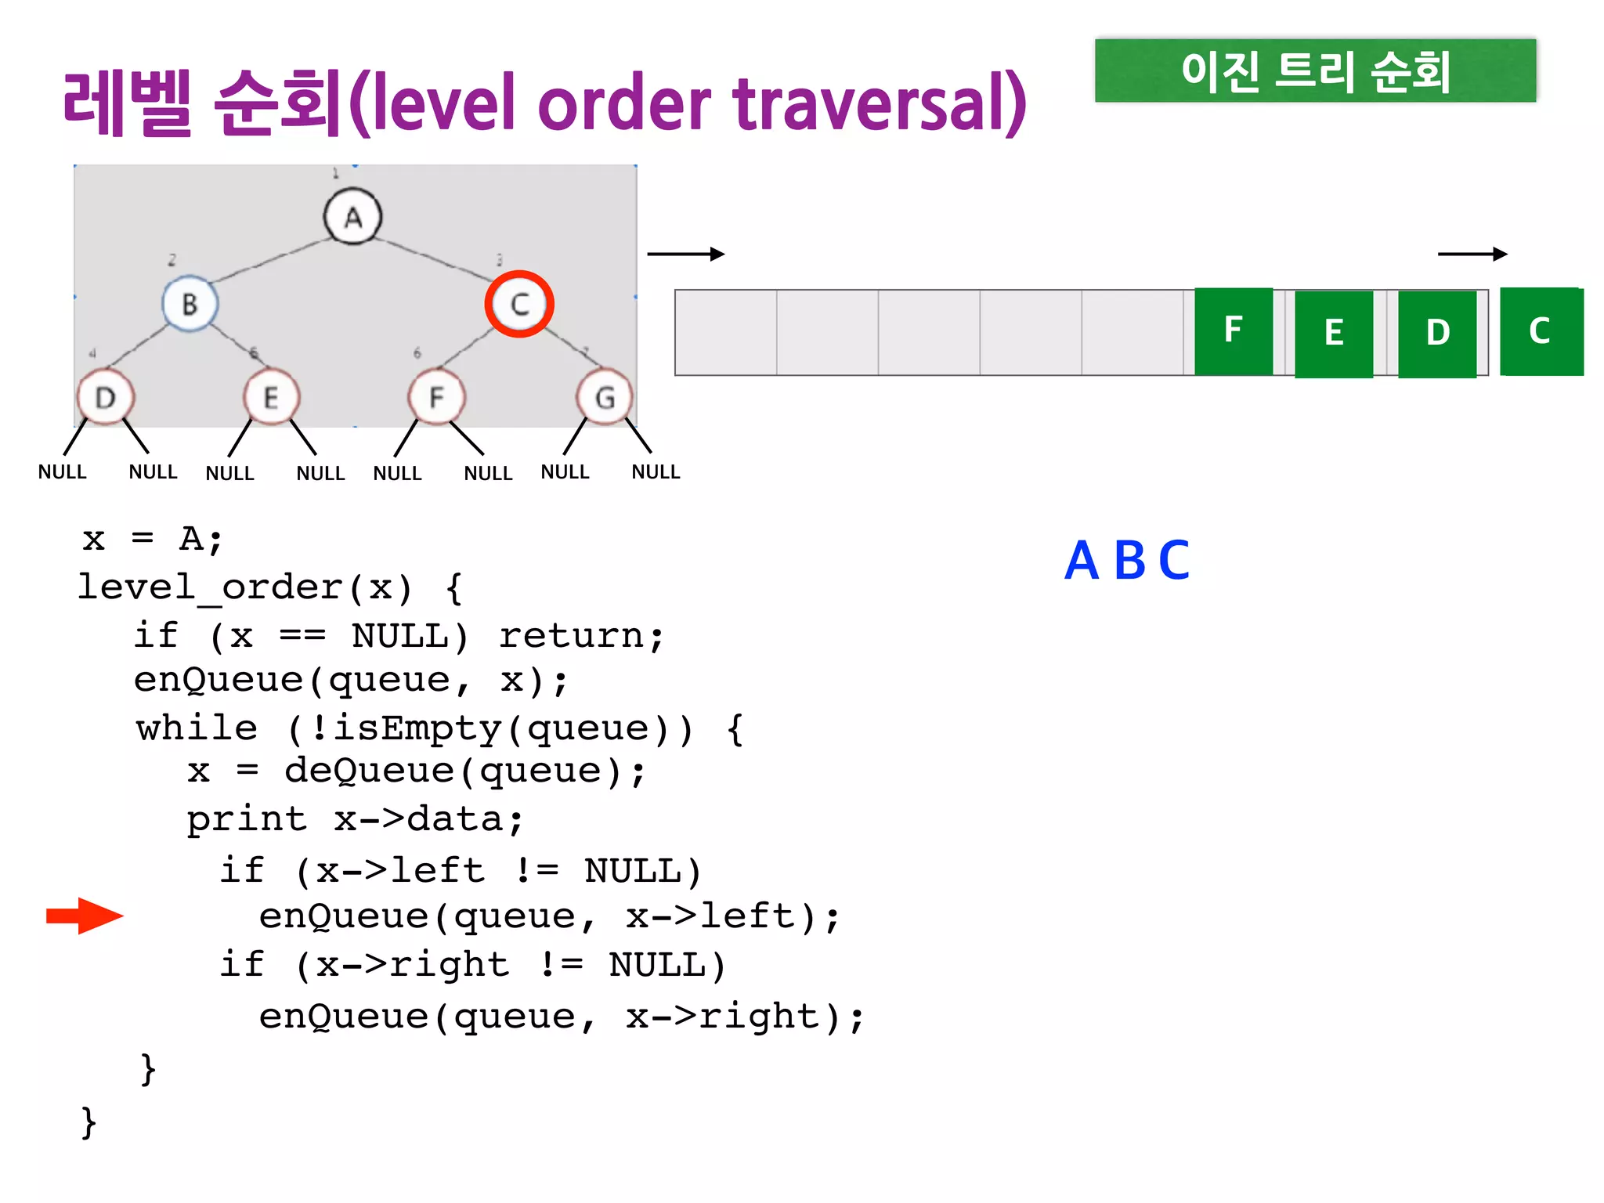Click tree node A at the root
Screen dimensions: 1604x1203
pyautogui.click(x=353, y=217)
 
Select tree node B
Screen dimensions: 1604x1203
pyautogui.click(x=190, y=304)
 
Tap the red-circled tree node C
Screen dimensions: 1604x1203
pyautogui.click(x=519, y=304)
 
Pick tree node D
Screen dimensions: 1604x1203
pyautogui.click(x=106, y=397)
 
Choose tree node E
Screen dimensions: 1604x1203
pyautogui.click(x=271, y=397)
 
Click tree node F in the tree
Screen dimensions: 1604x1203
pyautogui.click(x=436, y=397)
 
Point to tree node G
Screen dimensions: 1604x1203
pyautogui.click(x=604, y=397)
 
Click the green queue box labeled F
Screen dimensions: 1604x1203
pyautogui.click(x=1234, y=331)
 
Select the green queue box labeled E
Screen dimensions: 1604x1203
pyautogui.click(x=1334, y=334)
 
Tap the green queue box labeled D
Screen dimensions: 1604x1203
pyautogui.click(x=1437, y=334)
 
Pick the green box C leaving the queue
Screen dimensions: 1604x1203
pyautogui.click(x=1541, y=331)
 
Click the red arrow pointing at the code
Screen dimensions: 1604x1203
pyautogui.click(x=85, y=916)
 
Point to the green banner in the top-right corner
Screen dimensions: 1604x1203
pyautogui.click(x=1315, y=70)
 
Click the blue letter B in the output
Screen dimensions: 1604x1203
pyautogui.click(x=1130, y=561)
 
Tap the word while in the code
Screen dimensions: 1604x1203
pyautogui.click(x=197, y=728)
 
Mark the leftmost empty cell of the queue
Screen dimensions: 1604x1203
pyautogui.click(x=726, y=332)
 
